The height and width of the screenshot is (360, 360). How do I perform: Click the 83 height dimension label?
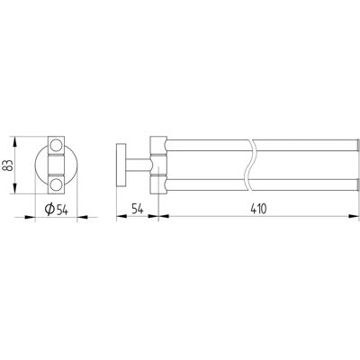pos(9,165)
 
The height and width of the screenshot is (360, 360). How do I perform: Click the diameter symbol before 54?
pos(49,210)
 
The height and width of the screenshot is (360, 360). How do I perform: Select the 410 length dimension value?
pos(258,209)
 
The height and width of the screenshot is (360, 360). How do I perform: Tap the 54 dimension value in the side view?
pos(138,209)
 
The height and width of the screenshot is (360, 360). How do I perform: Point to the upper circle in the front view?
pos(56,145)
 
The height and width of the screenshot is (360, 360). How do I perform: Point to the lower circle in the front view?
pos(56,184)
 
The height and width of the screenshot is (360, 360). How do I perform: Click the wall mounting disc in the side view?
pos(121,165)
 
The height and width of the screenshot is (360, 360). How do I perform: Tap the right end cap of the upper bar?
pos(357,145)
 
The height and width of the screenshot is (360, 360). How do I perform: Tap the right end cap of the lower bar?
pos(357,184)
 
